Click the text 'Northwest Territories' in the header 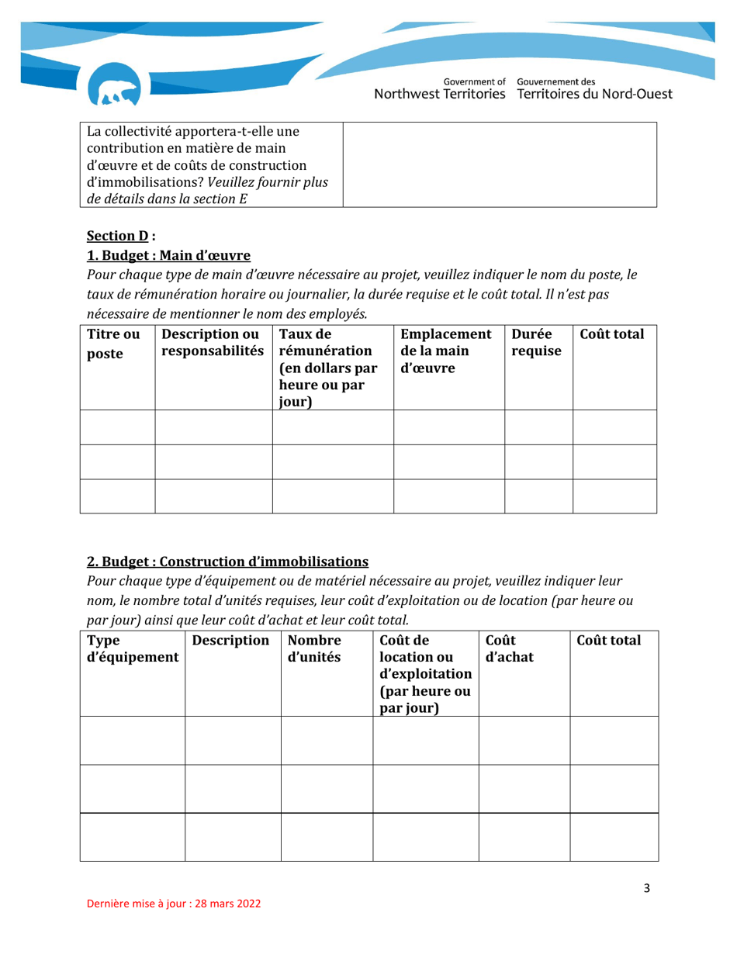coord(440,95)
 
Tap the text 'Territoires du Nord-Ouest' coord(594,95)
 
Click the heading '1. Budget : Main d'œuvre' coord(168,255)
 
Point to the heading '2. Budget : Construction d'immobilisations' coord(227,561)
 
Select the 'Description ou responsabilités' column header coord(213,344)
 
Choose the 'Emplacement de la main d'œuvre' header coord(446,351)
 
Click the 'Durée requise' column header coord(535,344)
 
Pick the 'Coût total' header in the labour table coord(612,335)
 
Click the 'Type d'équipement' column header coord(132,649)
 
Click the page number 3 coord(646,888)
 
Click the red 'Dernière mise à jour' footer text coord(173,904)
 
